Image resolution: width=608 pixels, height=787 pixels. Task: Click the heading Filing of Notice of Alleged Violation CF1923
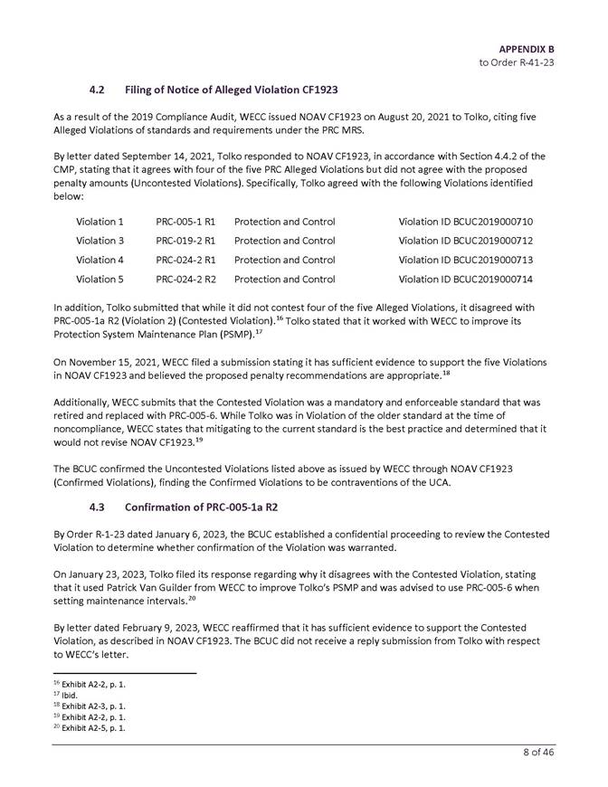pyautogui.click(x=231, y=90)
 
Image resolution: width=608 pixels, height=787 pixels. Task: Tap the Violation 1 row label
pyautogui.click(x=100, y=222)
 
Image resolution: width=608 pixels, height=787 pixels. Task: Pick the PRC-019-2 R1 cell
pyautogui.click(x=185, y=241)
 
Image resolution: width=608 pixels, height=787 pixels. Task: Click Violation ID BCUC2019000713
pyautogui.click(x=465, y=260)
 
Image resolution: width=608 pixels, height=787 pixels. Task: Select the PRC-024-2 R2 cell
pyautogui.click(x=185, y=279)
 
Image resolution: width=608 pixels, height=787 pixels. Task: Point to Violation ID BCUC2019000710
pyautogui.click(x=465, y=222)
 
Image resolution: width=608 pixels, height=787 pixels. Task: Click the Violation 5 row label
pyautogui.click(x=100, y=279)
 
